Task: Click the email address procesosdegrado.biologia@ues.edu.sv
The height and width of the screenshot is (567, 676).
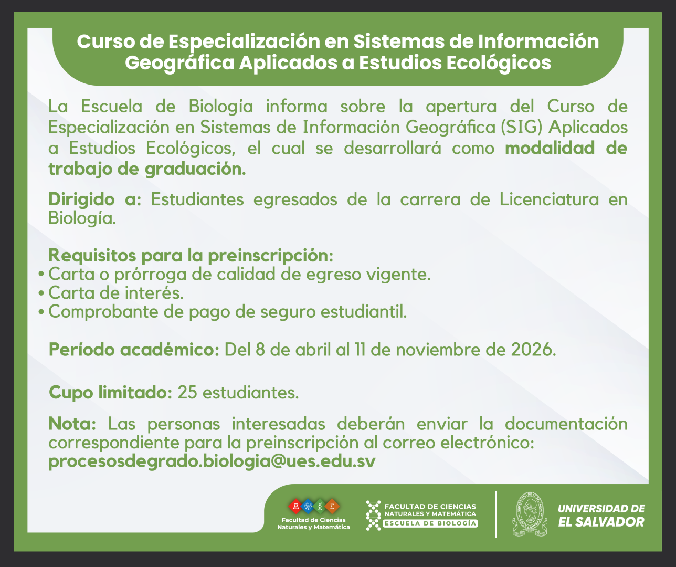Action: [212, 462]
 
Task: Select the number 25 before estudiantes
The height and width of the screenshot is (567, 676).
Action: [187, 393]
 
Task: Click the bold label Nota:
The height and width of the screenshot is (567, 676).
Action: [72, 424]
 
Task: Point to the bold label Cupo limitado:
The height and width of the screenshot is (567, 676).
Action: [110, 393]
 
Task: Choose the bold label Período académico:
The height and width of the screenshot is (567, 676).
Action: [134, 350]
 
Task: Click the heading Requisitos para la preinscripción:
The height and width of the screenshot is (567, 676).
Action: [191, 256]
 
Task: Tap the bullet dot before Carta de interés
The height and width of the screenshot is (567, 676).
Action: [41, 293]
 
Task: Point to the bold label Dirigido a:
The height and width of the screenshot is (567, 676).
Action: [94, 199]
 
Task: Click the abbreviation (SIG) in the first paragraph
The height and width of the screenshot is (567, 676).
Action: [521, 127]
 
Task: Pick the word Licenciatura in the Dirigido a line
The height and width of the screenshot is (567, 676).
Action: [549, 199]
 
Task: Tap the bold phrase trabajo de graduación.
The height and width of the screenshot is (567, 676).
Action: [147, 169]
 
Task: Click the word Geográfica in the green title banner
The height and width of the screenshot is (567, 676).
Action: [179, 63]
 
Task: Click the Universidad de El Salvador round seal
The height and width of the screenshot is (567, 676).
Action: [530, 514]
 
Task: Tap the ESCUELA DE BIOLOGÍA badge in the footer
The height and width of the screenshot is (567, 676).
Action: [430, 523]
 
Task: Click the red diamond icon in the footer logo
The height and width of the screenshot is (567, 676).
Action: [295, 507]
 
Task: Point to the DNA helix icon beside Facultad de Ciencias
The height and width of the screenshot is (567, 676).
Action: [373, 516]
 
